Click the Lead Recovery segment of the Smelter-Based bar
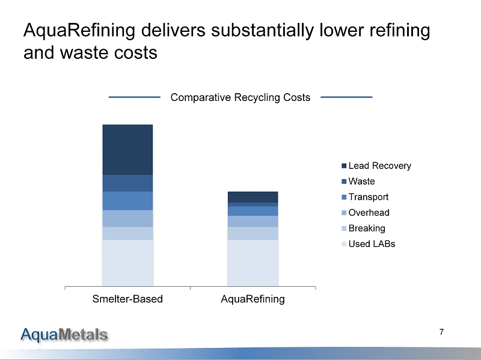click(x=127, y=150)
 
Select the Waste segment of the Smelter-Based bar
click(x=127, y=183)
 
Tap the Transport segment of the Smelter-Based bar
click(x=127, y=201)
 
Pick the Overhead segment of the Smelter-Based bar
click(x=127, y=218)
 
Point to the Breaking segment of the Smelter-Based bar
click(x=127, y=233)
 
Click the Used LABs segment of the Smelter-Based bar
click(x=127, y=263)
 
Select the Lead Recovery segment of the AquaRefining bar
click(x=253, y=197)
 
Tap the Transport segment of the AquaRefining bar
click(x=253, y=211)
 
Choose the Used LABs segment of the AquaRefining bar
click(x=253, y=263)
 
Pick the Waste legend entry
click(x=361, y=182)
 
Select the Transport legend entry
click(x=368, y=197)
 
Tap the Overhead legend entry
click(x=369, y=213)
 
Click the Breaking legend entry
click(x=367, y=228)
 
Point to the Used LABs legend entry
click(x=372, y=244)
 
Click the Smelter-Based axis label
click(x=127, y=299)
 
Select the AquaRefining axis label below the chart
click(x=253, y=299)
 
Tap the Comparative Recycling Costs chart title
click(x=240, y=97)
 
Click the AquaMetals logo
click(x=65, y=334)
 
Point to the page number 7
click(x=442, y=332)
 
